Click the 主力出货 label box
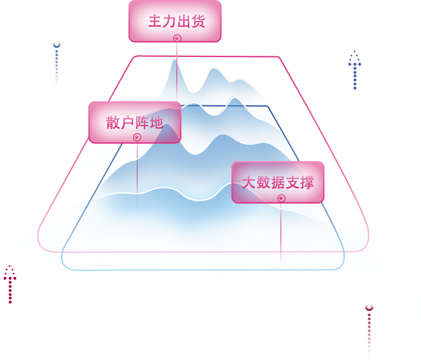[x=174, y=21]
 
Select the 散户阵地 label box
[x=134, y=122]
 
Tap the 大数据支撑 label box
[x=277, y=182]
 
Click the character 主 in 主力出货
[x=154, y=21]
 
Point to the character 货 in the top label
[x=198, y=21]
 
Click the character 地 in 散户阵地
[x=156, y=122]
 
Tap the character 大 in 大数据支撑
[x=249, y=182]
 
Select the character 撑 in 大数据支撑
[x=306, y=182]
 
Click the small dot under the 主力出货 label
[x=177, y=38]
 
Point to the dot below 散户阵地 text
[x=137, y=137]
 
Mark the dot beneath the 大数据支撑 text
[x=281, y=197]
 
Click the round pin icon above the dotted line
[x=56, y=44]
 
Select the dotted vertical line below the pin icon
[x=56, y=70]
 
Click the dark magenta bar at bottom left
[x=7, y=284]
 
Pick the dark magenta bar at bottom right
[x=369, y=331]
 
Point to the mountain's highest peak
[x=174, y=59]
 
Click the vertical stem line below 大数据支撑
[x=281, y=233]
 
